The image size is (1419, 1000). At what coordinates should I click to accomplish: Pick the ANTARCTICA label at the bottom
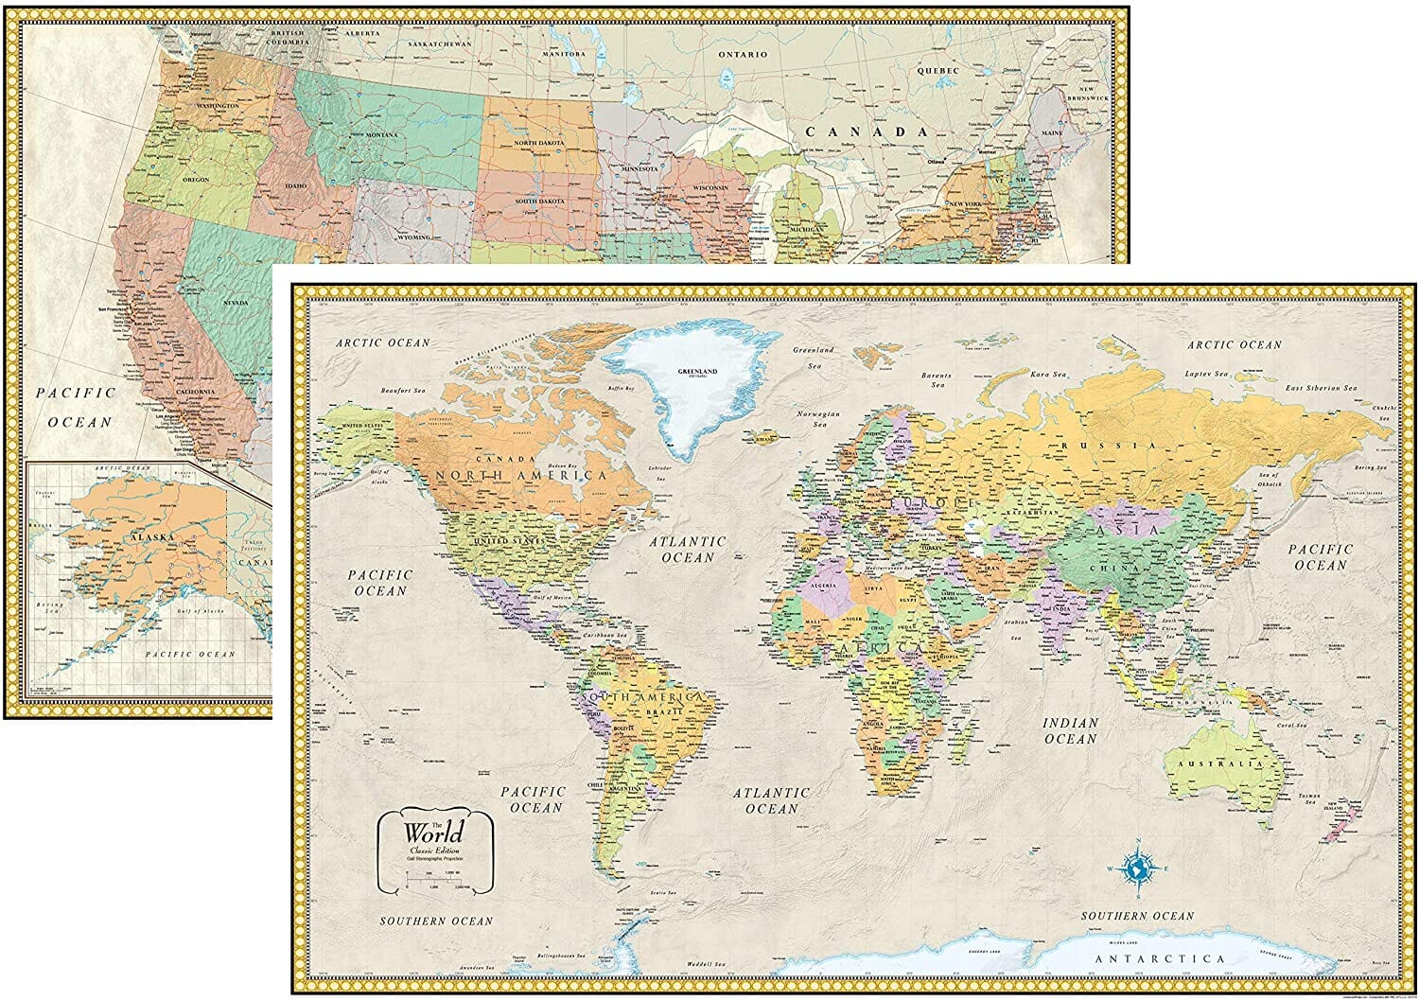(x=1159, y=958)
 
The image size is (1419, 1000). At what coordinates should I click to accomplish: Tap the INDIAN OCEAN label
(x=1070, y=730)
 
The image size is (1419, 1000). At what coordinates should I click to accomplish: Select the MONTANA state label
(x=381, y=135)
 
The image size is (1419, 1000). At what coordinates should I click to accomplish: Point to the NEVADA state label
(x=235, y=303)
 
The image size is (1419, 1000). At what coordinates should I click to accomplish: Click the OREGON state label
(x=196, y=180)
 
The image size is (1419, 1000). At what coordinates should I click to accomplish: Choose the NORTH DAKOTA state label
(x=538, y=143)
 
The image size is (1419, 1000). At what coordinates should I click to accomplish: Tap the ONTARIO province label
(x=742, y=55)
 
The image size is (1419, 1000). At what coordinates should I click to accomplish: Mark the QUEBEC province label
(x=937, y=71)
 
